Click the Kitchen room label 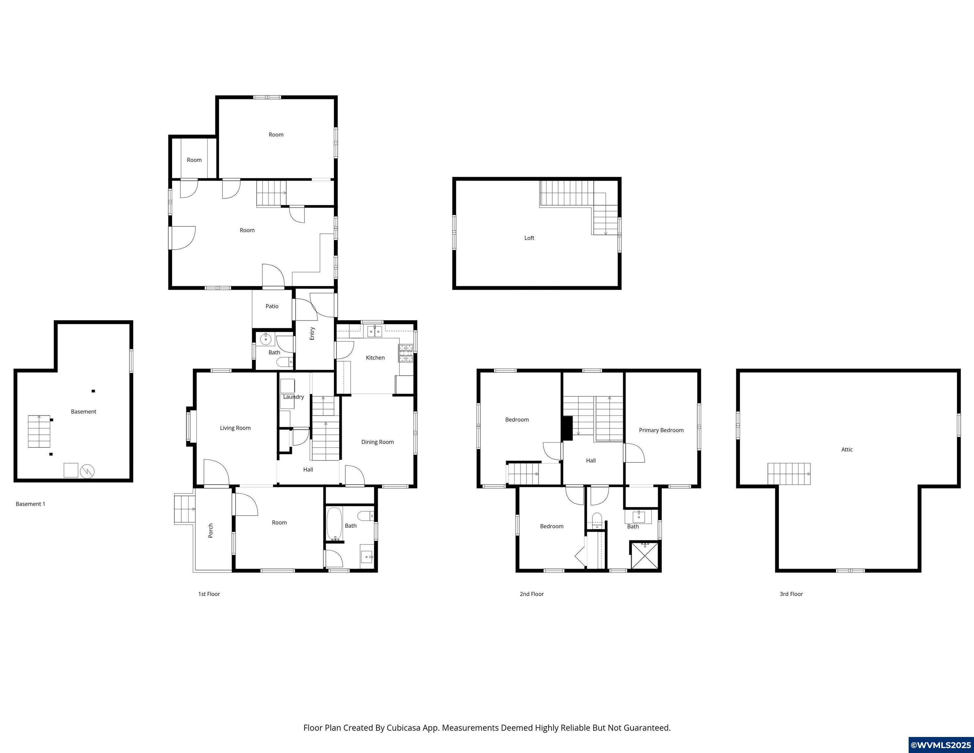click(375, 357)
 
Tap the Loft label click(529, 238)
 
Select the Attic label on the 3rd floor click(847, 449)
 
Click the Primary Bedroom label click(661, 430)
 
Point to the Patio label click(272, 306)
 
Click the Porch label click(210, 530)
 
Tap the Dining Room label click(377, 442)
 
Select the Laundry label click(293, 396)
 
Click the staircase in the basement click(39, 431)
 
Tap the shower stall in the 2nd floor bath click(645, 555)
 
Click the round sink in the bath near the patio click(266, 340)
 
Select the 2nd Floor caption click(531, 594)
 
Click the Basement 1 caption click(30, 504)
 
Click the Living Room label click(235, 428)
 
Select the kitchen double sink click(374, 331)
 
